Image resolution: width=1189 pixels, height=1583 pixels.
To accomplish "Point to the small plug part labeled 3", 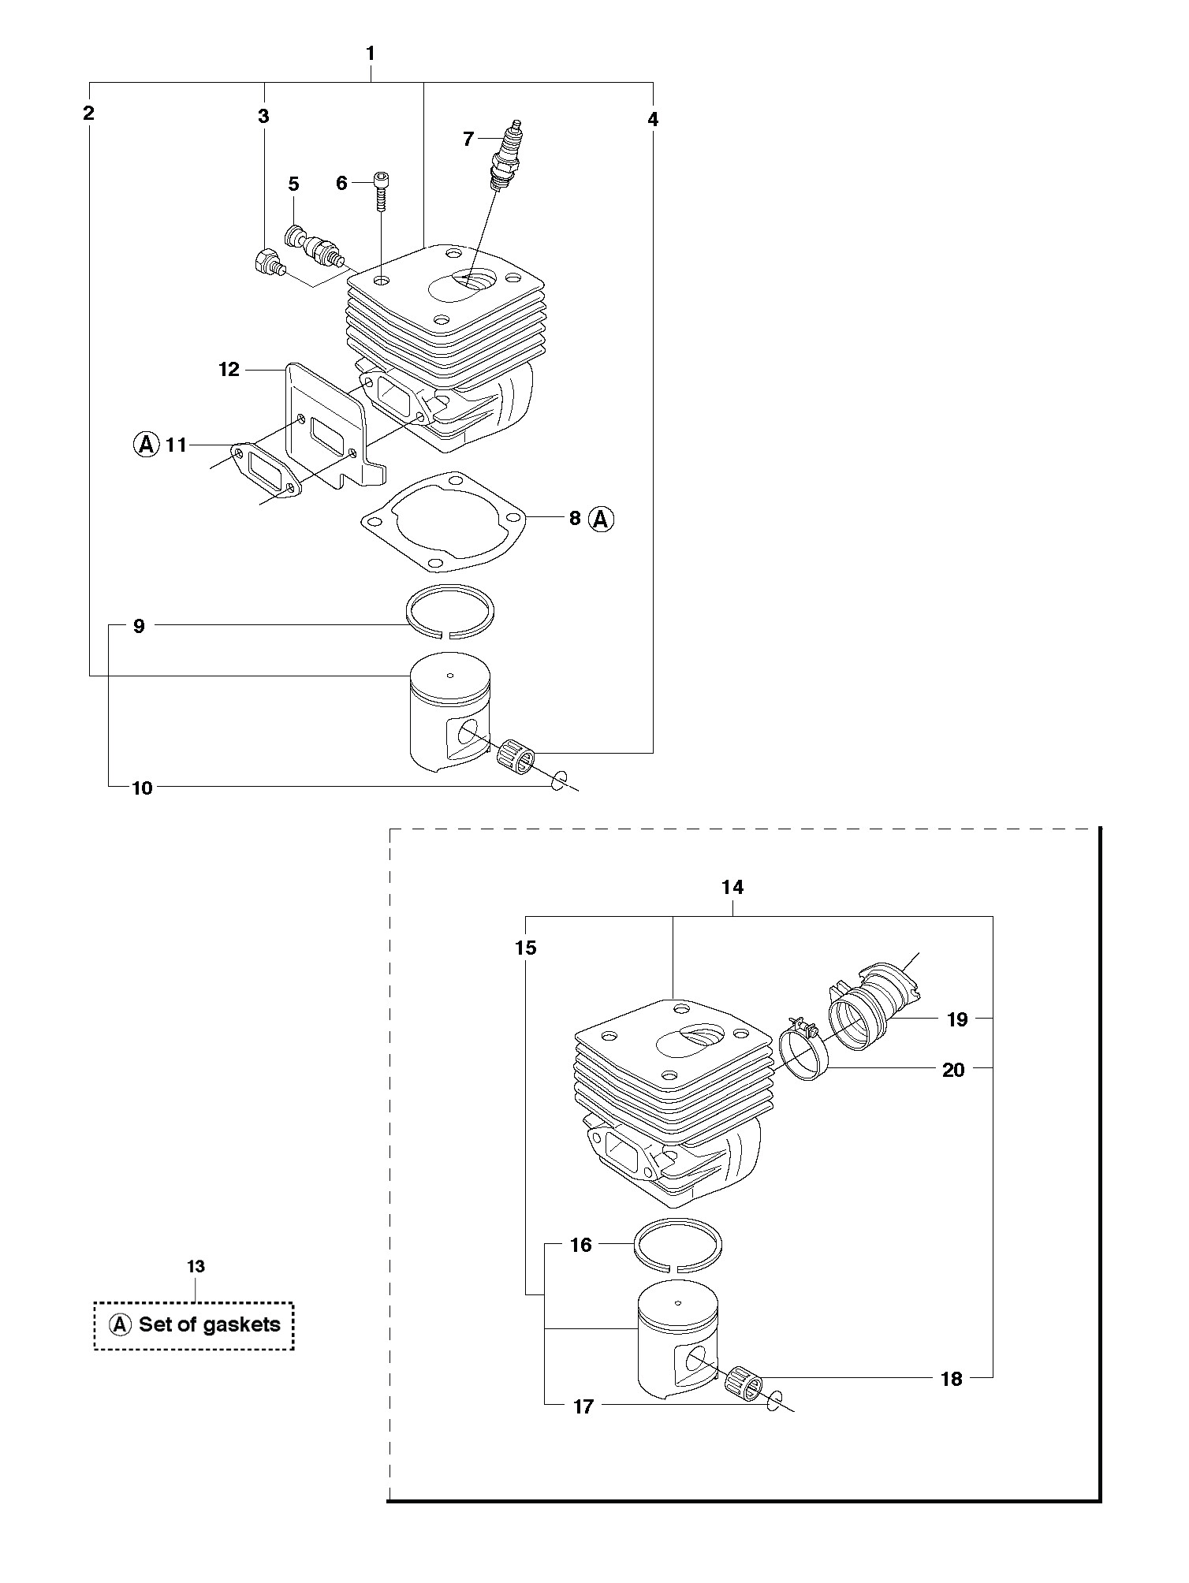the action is tap(268, 262).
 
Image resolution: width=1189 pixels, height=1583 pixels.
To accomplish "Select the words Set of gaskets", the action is tap(210, 1324).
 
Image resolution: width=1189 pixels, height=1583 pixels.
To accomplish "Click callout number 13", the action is tap(196, 1267).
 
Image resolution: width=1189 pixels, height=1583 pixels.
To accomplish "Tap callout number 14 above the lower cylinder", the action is tap(732, 887).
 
